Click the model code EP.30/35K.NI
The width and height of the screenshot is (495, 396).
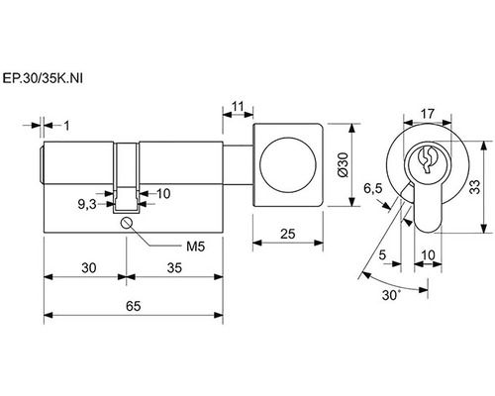point(43,78)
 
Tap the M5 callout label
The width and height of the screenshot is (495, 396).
point(196,247)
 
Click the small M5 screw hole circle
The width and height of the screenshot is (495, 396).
point(127,223)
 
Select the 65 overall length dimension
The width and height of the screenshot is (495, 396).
point(133,306)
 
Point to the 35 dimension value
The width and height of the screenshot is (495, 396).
point(174,268)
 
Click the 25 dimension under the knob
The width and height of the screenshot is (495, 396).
point(288,234)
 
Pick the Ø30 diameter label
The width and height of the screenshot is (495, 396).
point(343,165)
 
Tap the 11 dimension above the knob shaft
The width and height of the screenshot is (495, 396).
point(238,107)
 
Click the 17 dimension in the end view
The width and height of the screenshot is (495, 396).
point(428,114)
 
